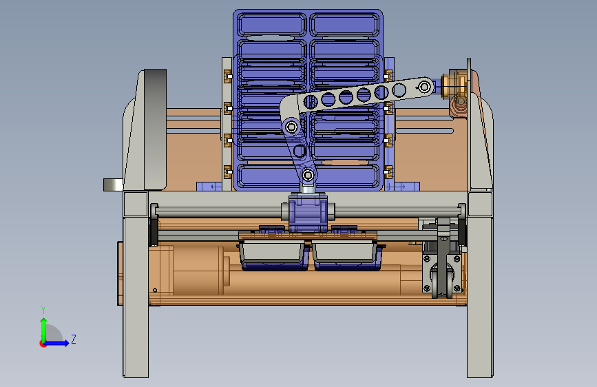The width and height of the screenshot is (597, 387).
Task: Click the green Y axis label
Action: tap(43, 310)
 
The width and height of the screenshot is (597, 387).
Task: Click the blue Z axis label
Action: tap(74, 339)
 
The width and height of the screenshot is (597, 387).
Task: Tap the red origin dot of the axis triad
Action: tap(43, 344)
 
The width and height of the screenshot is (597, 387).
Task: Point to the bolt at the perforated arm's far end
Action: tap(425, 87)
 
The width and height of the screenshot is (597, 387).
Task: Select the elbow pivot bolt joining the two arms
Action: tap(292, 127)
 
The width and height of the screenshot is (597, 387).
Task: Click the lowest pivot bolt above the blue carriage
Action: tap(308, 176)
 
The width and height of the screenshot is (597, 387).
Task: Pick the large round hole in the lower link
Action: tap(300, 151)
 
